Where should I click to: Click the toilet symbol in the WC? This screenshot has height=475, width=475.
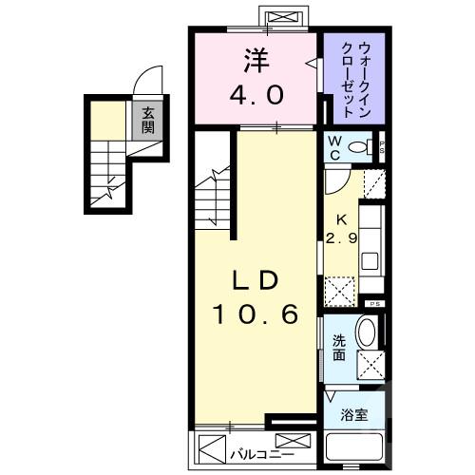point(360,147)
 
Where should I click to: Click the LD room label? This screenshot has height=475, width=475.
point(256,281)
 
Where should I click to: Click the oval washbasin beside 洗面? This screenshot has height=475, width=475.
point(368,334)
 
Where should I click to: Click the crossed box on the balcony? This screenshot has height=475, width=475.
point(297,442)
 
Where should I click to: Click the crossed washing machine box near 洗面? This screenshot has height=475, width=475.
point(369,364)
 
